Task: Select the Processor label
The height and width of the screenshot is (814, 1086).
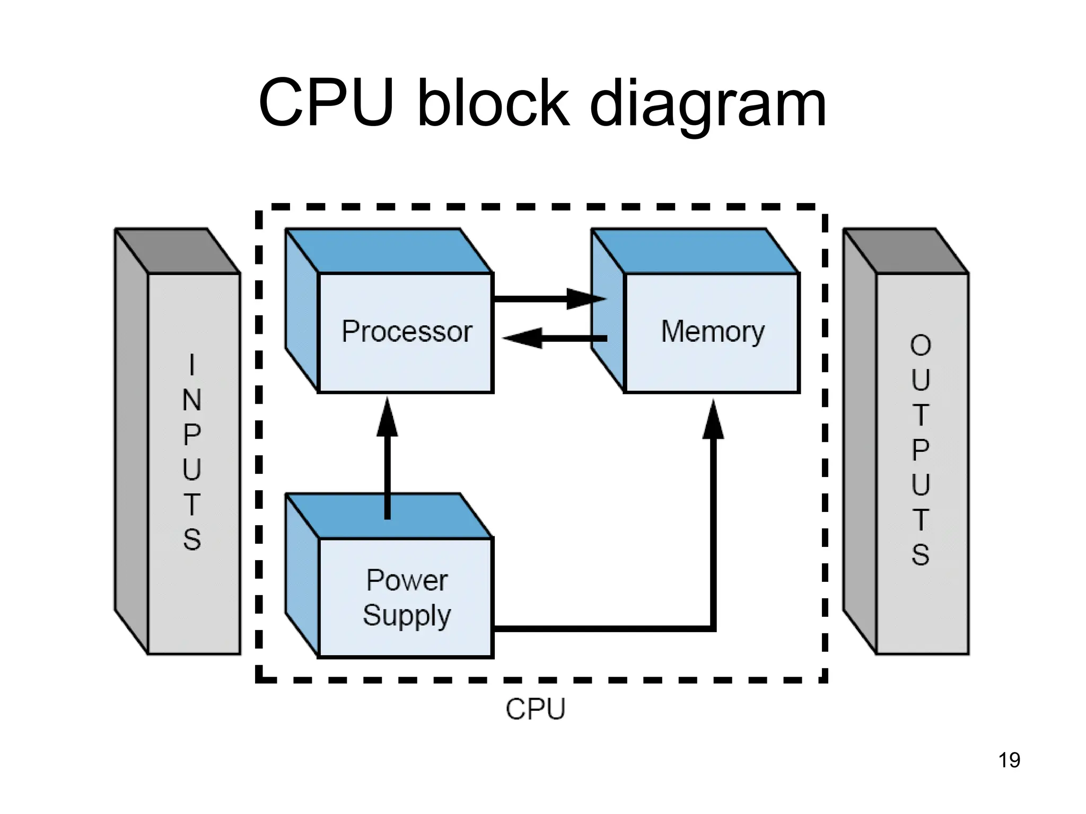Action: tap(407, 332)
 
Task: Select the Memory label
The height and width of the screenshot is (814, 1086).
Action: tap(713, 332)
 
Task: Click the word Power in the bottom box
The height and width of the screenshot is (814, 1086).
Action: tap(407, 580)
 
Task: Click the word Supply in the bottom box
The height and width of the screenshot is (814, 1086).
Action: tap(407, 616)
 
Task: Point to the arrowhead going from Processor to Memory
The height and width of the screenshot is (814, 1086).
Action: tap(586, 299)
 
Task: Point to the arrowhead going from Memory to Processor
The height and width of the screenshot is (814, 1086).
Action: tap(522, 338)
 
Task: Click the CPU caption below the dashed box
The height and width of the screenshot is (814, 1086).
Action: tap(536, 709)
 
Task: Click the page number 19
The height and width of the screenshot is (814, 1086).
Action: tap(1009, 760)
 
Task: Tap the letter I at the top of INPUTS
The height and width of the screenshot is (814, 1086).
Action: tap(192, 365)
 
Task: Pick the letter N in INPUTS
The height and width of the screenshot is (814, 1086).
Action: tap(192, 400)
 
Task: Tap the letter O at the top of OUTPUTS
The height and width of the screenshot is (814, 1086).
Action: tap(921, 346)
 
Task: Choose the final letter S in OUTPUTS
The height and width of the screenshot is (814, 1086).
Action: tap(921, 554)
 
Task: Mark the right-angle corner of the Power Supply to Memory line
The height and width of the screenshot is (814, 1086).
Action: tap(713, 629)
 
